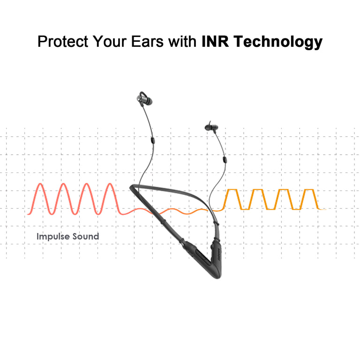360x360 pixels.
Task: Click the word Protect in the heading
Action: pos(62,42)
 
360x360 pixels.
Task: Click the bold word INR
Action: pos(216,42)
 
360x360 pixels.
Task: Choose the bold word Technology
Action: pos(278,42)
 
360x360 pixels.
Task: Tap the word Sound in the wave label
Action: pos(86,236)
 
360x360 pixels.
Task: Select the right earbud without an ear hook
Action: pos(210,127)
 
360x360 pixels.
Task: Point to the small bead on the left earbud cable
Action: pos(152,140)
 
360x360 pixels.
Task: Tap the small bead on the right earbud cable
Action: pos(225,159)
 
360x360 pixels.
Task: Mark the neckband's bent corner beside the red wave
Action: pos(133,187)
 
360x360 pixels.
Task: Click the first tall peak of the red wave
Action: pos(41,186)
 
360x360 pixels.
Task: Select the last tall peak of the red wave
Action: pos(110,186)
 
